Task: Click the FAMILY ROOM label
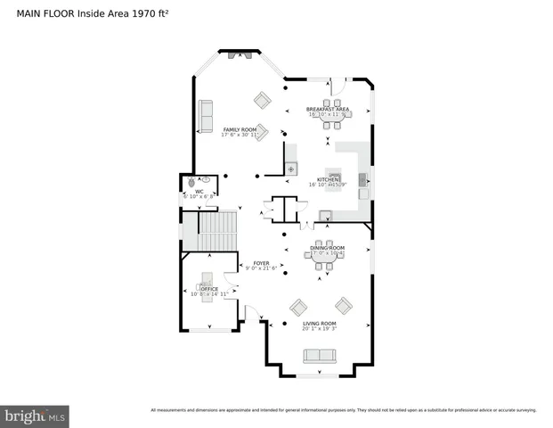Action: click(x=240, y=129)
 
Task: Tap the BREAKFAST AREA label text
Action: click(x=328, y=109)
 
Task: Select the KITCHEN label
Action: click(x=327, y=179)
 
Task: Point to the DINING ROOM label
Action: click(x=327, y=248)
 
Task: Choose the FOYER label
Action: click(x=261, y=263)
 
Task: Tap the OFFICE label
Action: click(x=209, y=289)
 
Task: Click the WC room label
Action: click(x=199, y=191)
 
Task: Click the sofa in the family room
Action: click(x=206, y=116)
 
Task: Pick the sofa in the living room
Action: click(x=320, y=356)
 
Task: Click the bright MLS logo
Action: click(x=36, y=416)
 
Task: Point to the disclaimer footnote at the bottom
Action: click(x=343, y=410)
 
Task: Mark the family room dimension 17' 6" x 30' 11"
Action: click(x=240, y=136)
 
